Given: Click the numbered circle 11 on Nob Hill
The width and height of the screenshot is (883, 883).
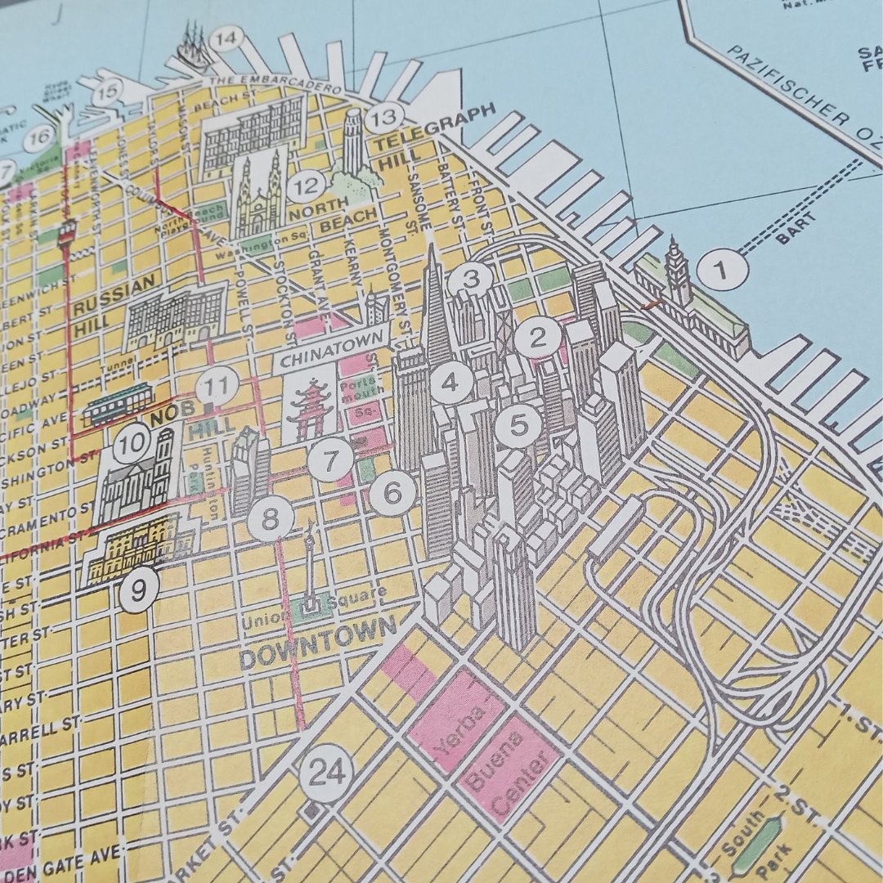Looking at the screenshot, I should pos(217,385).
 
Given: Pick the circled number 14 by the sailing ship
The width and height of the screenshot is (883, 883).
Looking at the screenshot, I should pos(226,38).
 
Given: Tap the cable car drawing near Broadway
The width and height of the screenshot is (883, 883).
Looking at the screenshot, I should pos(118,402).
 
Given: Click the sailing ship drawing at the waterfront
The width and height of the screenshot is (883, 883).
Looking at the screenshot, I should pos(190,51).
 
